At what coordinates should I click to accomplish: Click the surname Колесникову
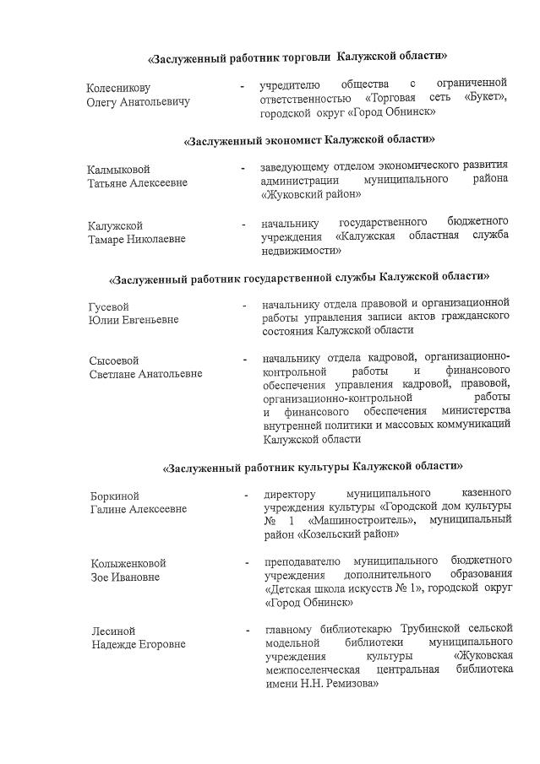coord(118,88)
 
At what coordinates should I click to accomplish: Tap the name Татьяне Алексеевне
coord(138,182)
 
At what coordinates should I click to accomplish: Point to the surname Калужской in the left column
coord(116,225)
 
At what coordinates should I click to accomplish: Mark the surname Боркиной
coord(115,496)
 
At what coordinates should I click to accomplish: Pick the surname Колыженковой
coord(128,563)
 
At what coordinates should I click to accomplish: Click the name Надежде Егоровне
coord(139,644)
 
